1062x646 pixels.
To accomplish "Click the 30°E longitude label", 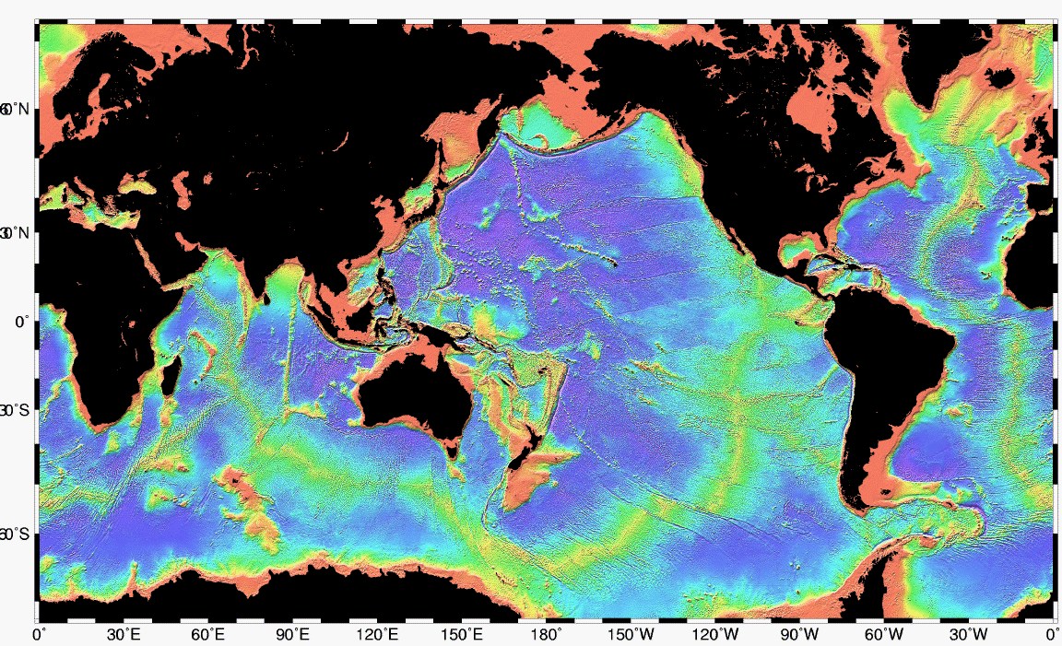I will [124, 635].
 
